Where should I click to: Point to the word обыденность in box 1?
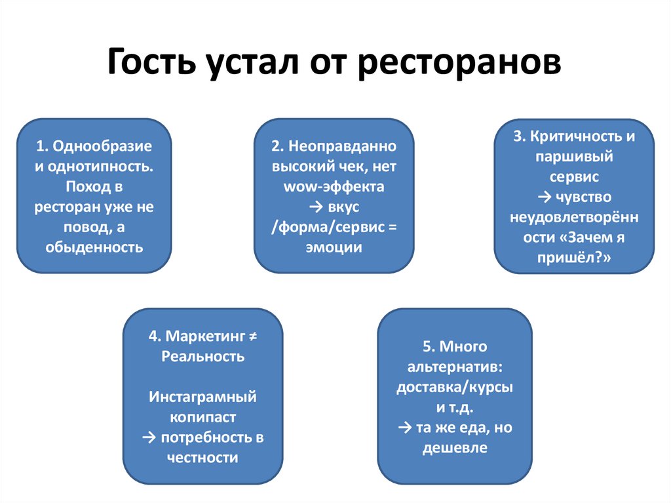tap(94, 247)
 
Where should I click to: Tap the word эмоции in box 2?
tap(334, 247)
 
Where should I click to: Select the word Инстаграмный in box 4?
tap(202, 397)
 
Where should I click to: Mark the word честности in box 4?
tap(202, 458)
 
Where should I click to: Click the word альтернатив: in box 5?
tap(455, 366)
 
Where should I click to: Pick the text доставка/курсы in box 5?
tap(455, 387)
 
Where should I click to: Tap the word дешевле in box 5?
tap(455, 448)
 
